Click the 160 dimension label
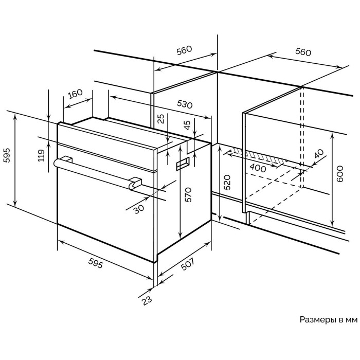(x=75, y=94)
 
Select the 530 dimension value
(x=185, y=104)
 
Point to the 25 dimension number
(x=160, y=119)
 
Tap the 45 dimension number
(x=187, y=125)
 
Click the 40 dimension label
(x=319, y=153)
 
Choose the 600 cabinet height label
(x=339, y=175)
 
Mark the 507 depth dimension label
(x=187, y=266)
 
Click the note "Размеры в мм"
(x=328, y=319)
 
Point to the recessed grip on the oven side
(x=183, y=165)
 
